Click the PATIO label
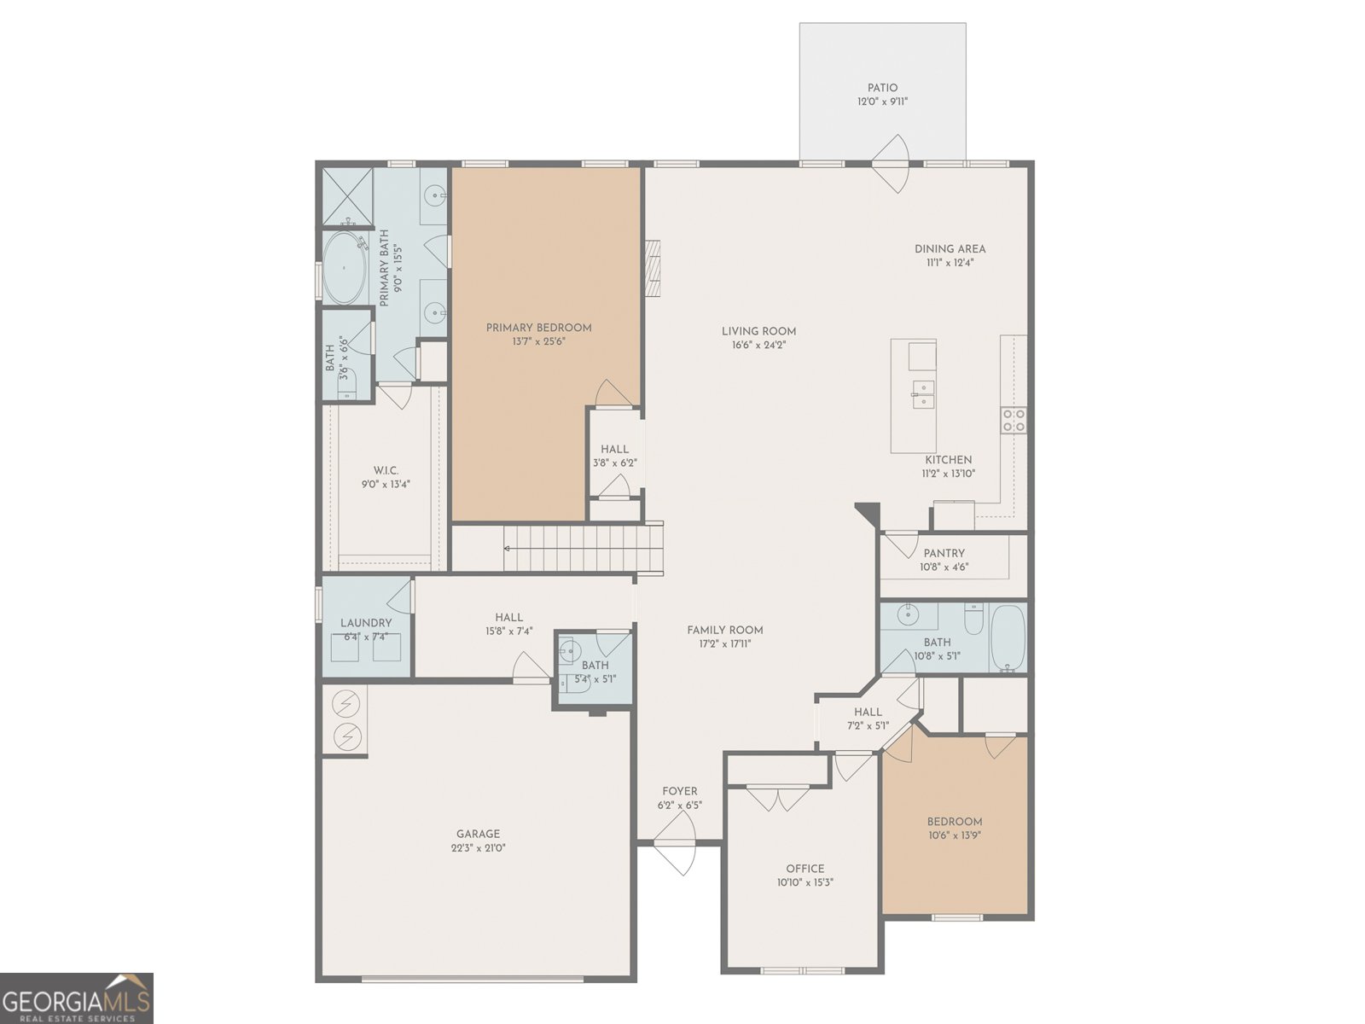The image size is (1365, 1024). tap(882, 88)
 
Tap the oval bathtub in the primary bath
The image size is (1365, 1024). tap(344, 268)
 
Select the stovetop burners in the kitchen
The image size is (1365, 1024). tap(1013, 421)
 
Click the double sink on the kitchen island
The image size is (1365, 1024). tap(923, 395)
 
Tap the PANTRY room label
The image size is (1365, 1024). tap(944, 553)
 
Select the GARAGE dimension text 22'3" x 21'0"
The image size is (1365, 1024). tap(479, 847)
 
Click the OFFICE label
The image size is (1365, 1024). tap(805, 869)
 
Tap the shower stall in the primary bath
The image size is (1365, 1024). tap(347, 196)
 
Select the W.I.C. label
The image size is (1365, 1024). tap(386, 471)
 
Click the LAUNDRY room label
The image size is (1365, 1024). tap(366, 623)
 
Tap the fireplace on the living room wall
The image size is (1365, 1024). tap(652, 268)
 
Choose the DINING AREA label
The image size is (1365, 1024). tap(950, 249)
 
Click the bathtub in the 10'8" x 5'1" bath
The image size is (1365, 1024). tap(1008, 637)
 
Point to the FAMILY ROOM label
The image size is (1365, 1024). tap(725, 631)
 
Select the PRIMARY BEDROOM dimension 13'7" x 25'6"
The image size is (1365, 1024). tap(538, 341)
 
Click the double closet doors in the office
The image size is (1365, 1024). tap(777, 799)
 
